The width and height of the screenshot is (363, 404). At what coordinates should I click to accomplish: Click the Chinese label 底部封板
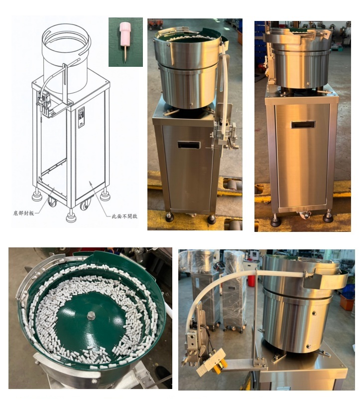point(23,213)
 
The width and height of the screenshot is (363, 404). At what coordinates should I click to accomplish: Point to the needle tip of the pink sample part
point(125,61)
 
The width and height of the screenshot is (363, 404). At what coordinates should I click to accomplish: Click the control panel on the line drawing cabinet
point(81,117)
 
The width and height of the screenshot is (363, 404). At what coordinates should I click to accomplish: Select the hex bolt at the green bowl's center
point(91,315)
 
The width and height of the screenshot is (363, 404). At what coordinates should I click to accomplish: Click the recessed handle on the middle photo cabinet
point(189,145)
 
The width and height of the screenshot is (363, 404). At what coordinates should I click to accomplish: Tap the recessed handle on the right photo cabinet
point(303,125)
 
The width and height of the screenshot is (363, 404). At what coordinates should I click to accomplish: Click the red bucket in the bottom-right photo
point(251,281)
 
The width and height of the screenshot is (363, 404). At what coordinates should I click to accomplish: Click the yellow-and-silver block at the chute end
point(212,362)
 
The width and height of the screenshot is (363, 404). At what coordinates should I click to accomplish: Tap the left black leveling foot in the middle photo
point(169,218)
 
